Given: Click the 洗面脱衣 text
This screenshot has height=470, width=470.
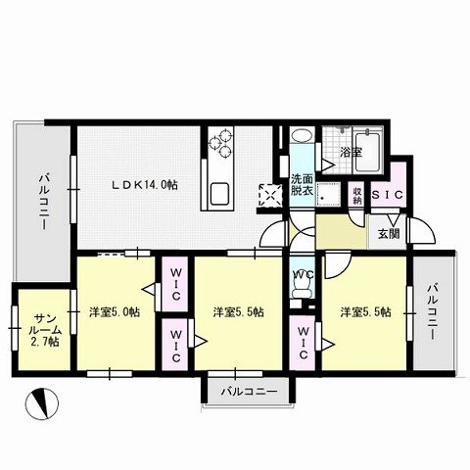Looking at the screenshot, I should (x=302, y=185).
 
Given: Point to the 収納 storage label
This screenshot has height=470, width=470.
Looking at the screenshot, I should (x=358, y=194).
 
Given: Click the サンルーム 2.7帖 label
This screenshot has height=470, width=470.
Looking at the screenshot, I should (x=45, y=330).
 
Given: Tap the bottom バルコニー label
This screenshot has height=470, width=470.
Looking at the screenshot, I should (x=249, y=392).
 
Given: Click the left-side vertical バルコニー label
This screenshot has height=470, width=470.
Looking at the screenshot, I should (x=44, y=201).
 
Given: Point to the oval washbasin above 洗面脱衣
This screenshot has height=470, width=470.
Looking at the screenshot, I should (x=302, y=137).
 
